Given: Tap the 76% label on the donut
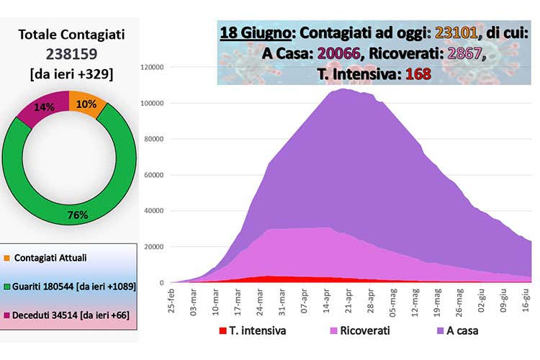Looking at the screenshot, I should (x=77, y=215).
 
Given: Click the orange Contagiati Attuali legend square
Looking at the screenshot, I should (x=6, y=257).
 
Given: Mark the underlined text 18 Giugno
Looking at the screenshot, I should (x=256, y=33).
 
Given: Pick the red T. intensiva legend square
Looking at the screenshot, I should (x=223, y=331).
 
